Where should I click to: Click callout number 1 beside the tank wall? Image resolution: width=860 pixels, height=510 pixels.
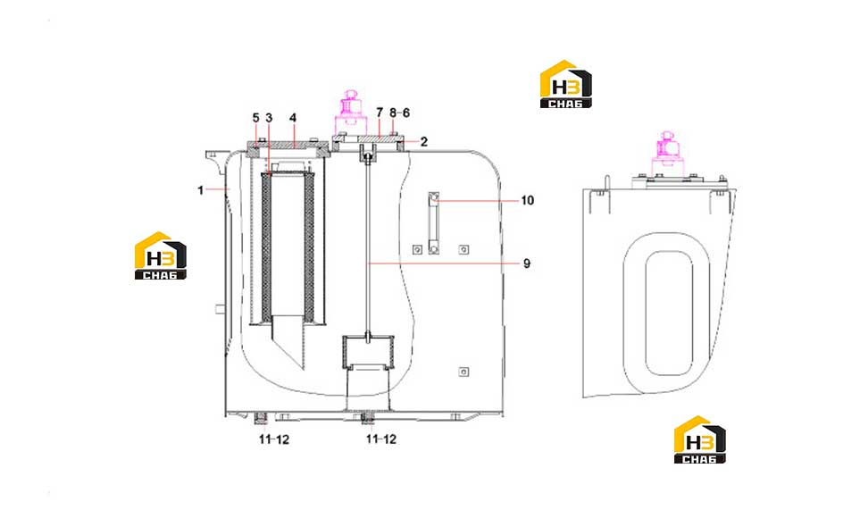tap(201, 189)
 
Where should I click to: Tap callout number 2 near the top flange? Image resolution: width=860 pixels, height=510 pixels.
tap(424, 141)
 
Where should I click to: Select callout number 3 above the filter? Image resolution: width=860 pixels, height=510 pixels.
tap(269, 118)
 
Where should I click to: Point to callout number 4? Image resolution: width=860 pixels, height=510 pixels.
tap(293, 118)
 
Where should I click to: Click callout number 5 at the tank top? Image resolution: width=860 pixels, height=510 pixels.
tap(255, 118)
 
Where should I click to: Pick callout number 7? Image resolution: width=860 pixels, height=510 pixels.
tap(380, 113)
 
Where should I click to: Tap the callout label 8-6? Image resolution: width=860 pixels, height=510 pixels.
tap(400, 113)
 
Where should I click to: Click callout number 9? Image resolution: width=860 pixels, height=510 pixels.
tap(527, 263)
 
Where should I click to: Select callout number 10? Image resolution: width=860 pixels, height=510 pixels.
tap(527, 200)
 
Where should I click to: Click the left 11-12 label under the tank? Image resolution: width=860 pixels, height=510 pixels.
tap(273, 439)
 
